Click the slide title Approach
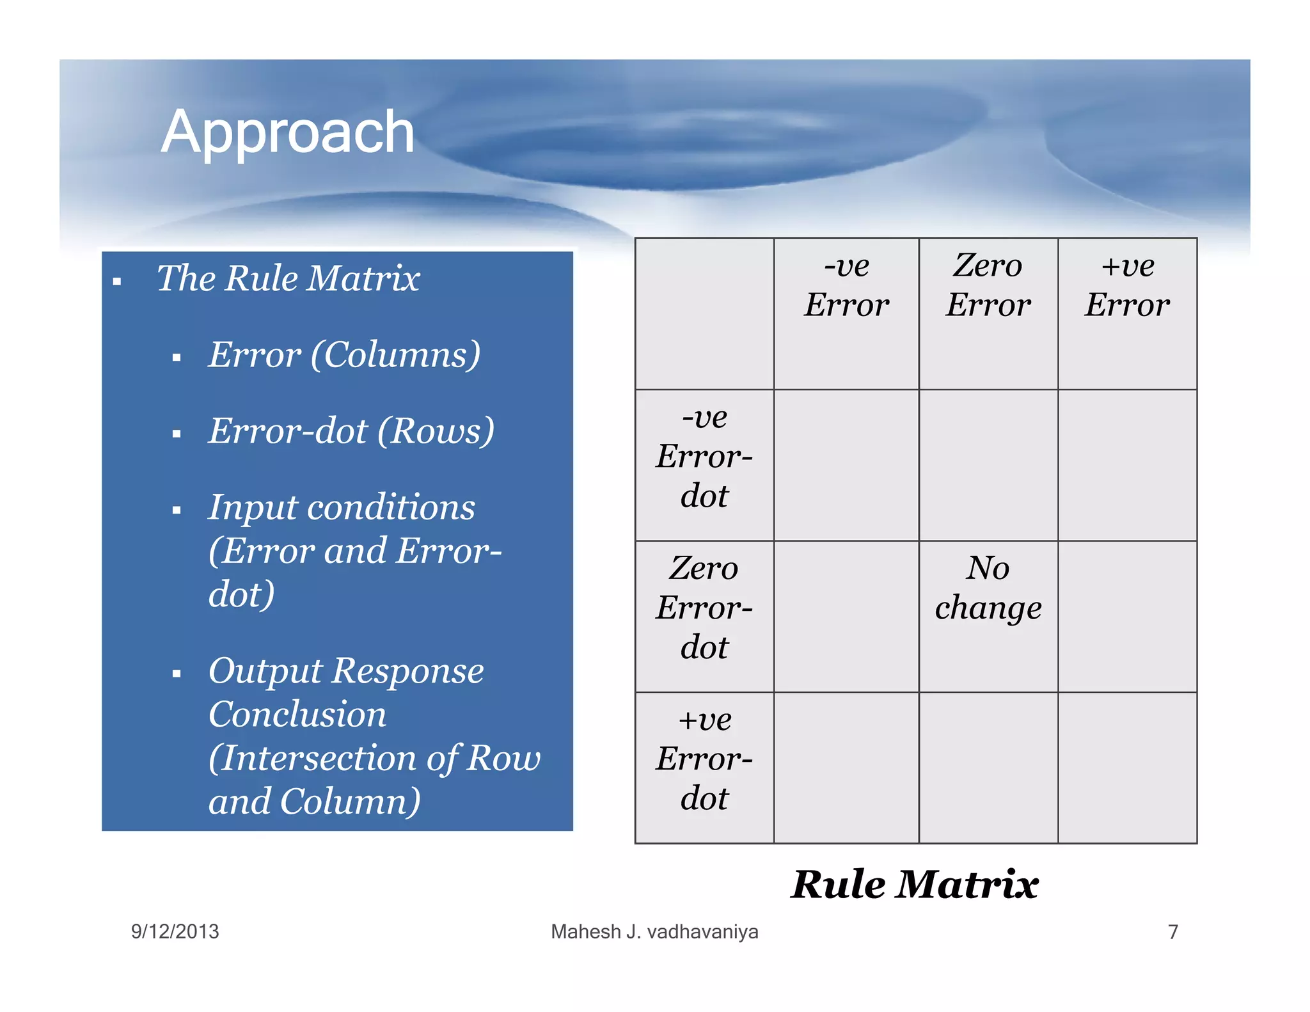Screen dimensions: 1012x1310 pyautogui.click(x=288, y=132)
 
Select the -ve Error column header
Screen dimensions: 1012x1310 pyautogui.click(x=846, y=285)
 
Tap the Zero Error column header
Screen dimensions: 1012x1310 pyautogui.click(x=988, y=285)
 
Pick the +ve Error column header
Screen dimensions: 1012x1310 pyautogui.click(x=1127, y=285)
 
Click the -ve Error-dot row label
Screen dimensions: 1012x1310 pyautogui.click(x=704, y=457)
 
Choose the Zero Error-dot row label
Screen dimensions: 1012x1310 pyautogui.click(x=704, y=608)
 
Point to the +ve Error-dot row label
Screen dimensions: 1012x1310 pyautogui.click(x=704, y=759)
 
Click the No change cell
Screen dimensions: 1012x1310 pyautogui.click(x=988, y=588)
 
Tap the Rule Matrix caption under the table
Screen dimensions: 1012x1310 pyautogui.click(x=915, y=885)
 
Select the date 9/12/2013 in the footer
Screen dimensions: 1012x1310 pyautogui.click(x=175, y=931)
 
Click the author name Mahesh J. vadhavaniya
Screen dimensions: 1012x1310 pyautogui.click(x=654, y=931)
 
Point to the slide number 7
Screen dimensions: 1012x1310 pyautogui.click(x=1173, y=931)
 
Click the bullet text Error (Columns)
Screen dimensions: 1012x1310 pyautogui.click(x=344, y=355)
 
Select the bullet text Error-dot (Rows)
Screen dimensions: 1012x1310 pyautogui.click(x=351, y=431)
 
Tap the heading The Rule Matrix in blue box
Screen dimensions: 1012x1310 pyautogui.click(x=288, y=279)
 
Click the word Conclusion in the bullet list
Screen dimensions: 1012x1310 pyautogui.click(x=297, y=715)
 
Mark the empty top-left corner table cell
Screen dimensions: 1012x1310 pyautogui.click(x=704, y=313)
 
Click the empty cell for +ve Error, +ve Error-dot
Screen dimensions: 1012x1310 pyautogui.click(x=1127, y=768)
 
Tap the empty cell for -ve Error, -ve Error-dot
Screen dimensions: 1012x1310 pyautogui.click(x=846, y=465)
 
